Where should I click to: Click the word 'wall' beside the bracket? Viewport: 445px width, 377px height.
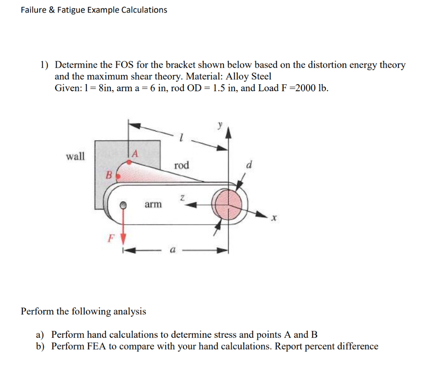click(75, 156)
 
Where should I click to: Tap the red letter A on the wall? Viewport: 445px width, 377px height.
click(135, 153)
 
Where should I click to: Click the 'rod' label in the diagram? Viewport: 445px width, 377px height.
click(182, 165)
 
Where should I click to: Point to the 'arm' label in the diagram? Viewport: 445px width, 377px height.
click(153, 204)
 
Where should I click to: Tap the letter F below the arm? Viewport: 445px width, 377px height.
click(111, 238)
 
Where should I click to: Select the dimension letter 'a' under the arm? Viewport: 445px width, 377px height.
click(173, 251)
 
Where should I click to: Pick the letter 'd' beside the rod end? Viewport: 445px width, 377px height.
click(249, 165)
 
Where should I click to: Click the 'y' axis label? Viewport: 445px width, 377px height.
click(220, 124)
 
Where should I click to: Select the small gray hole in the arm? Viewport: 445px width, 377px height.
click(123, 205)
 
